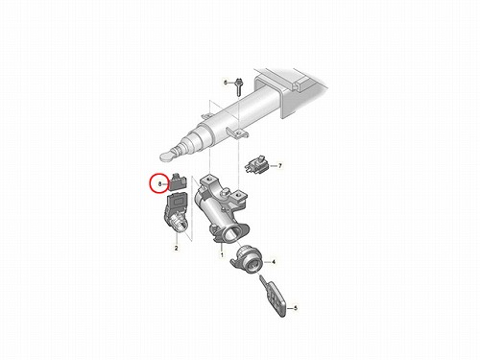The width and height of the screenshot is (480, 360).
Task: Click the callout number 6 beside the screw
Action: (x=226, y=83)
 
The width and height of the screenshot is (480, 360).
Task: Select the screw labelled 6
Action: (x=239, y=86)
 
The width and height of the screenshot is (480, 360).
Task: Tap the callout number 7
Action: (x=280, y=166)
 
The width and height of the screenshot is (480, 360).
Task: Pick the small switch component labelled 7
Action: (x=257, y=165)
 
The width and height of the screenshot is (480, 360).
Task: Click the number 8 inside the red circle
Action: (x=160, y=184)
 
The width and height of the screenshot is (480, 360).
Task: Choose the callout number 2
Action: (x=176, y=248)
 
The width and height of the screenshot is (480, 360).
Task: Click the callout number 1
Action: (x=222, y=255)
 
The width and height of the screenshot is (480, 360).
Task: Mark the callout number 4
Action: (x=274, y=262)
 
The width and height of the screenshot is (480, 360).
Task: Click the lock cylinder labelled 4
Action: (x=247, y=259)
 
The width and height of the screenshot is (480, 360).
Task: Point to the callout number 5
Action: (x=296, y=308)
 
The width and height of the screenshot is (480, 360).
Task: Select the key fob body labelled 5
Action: (x=275, y=300)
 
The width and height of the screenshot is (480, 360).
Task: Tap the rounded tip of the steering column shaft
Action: (x=167, y=156)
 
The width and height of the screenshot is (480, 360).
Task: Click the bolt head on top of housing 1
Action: (x=226, y=192)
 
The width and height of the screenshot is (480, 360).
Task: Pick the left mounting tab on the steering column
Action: (x=206, y=115)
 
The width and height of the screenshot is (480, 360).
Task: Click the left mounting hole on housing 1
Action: (x=209, y=179)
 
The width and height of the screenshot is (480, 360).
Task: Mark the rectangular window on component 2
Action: (x=177, y=202)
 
